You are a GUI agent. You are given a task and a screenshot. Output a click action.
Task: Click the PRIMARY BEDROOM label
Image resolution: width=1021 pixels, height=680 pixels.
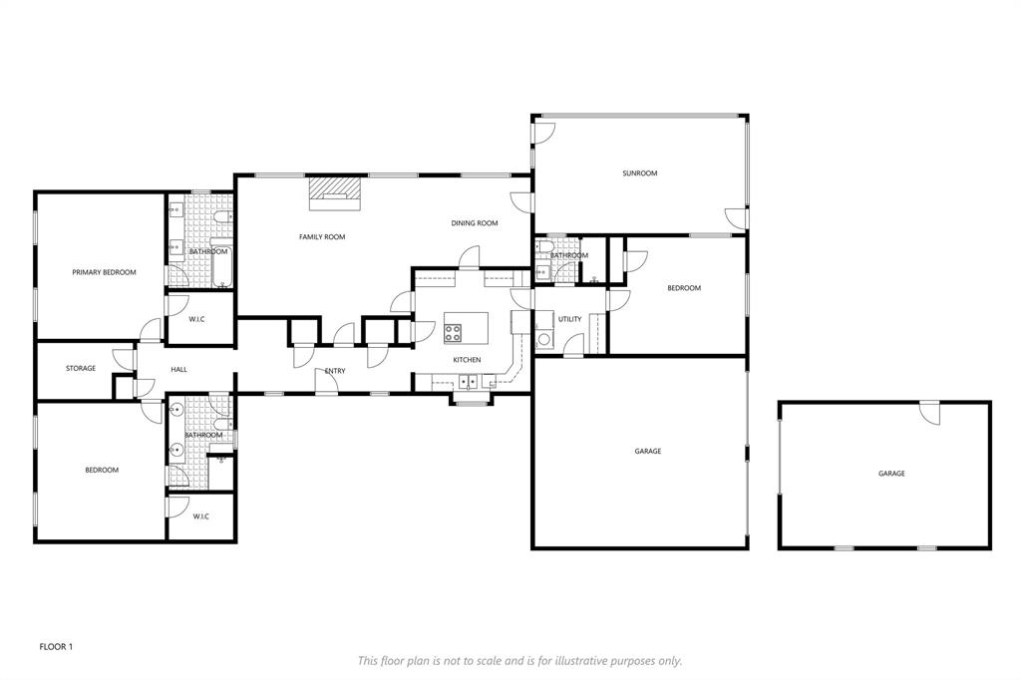click(104, 272)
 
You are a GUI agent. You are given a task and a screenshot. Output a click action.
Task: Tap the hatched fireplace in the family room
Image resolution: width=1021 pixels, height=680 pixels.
click(333, 190)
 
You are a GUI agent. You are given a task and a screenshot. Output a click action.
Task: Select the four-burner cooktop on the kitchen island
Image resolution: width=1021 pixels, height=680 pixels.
click(454, 332)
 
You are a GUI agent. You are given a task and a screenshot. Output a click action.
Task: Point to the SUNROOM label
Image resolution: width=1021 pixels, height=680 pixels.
click(639, 173)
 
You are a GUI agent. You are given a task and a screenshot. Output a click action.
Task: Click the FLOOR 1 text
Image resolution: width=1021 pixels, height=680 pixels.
click(56, 647)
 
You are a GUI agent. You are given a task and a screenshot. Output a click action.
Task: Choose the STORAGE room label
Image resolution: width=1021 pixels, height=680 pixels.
click(81, 369)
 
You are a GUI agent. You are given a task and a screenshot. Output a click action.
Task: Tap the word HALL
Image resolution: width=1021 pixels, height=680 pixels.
click(178, 370)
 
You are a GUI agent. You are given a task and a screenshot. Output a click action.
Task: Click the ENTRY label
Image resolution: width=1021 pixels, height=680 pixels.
click(335, 372)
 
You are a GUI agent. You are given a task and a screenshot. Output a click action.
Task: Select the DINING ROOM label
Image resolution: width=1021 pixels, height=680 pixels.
click(474, 223)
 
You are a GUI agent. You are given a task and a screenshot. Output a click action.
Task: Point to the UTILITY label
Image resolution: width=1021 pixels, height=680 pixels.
click(569, 319)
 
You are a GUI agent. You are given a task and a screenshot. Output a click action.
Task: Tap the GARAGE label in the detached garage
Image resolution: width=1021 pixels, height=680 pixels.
click(891, 474)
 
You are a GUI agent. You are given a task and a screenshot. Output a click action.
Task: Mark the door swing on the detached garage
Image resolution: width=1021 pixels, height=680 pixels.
click(929, 412)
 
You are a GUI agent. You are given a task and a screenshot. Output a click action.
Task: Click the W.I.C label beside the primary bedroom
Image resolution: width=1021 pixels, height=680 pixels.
click(197, 319)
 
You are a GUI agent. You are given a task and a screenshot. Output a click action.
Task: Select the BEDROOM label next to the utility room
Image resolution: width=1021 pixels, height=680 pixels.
click(683, 288)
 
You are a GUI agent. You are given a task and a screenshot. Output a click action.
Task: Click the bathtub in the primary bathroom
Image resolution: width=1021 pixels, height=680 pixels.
click(221, 266)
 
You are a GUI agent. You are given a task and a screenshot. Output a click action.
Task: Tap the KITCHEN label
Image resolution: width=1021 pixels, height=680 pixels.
click(467, 360)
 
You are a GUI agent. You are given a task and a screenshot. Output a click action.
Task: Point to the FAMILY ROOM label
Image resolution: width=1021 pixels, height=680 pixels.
click(322, 237)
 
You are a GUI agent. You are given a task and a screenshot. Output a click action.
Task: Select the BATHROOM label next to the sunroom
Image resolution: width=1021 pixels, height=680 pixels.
click(569, 255)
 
